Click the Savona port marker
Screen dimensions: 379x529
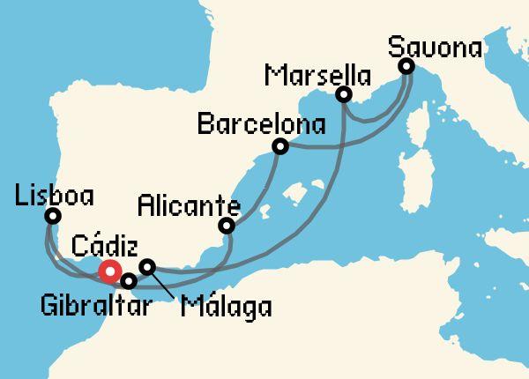point(406,66)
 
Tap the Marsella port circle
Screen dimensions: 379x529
point(345,94)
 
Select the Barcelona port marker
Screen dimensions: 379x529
point(280,146)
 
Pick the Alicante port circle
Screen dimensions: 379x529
point(227,227)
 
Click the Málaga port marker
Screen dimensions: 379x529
point(148,266)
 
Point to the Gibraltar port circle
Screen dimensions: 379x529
point(129,282)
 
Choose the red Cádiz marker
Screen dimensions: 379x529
point(109,271)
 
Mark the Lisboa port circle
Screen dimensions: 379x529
point(53,216)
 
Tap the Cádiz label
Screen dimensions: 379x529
point(105,242)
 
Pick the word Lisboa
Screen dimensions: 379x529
point(54,192)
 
